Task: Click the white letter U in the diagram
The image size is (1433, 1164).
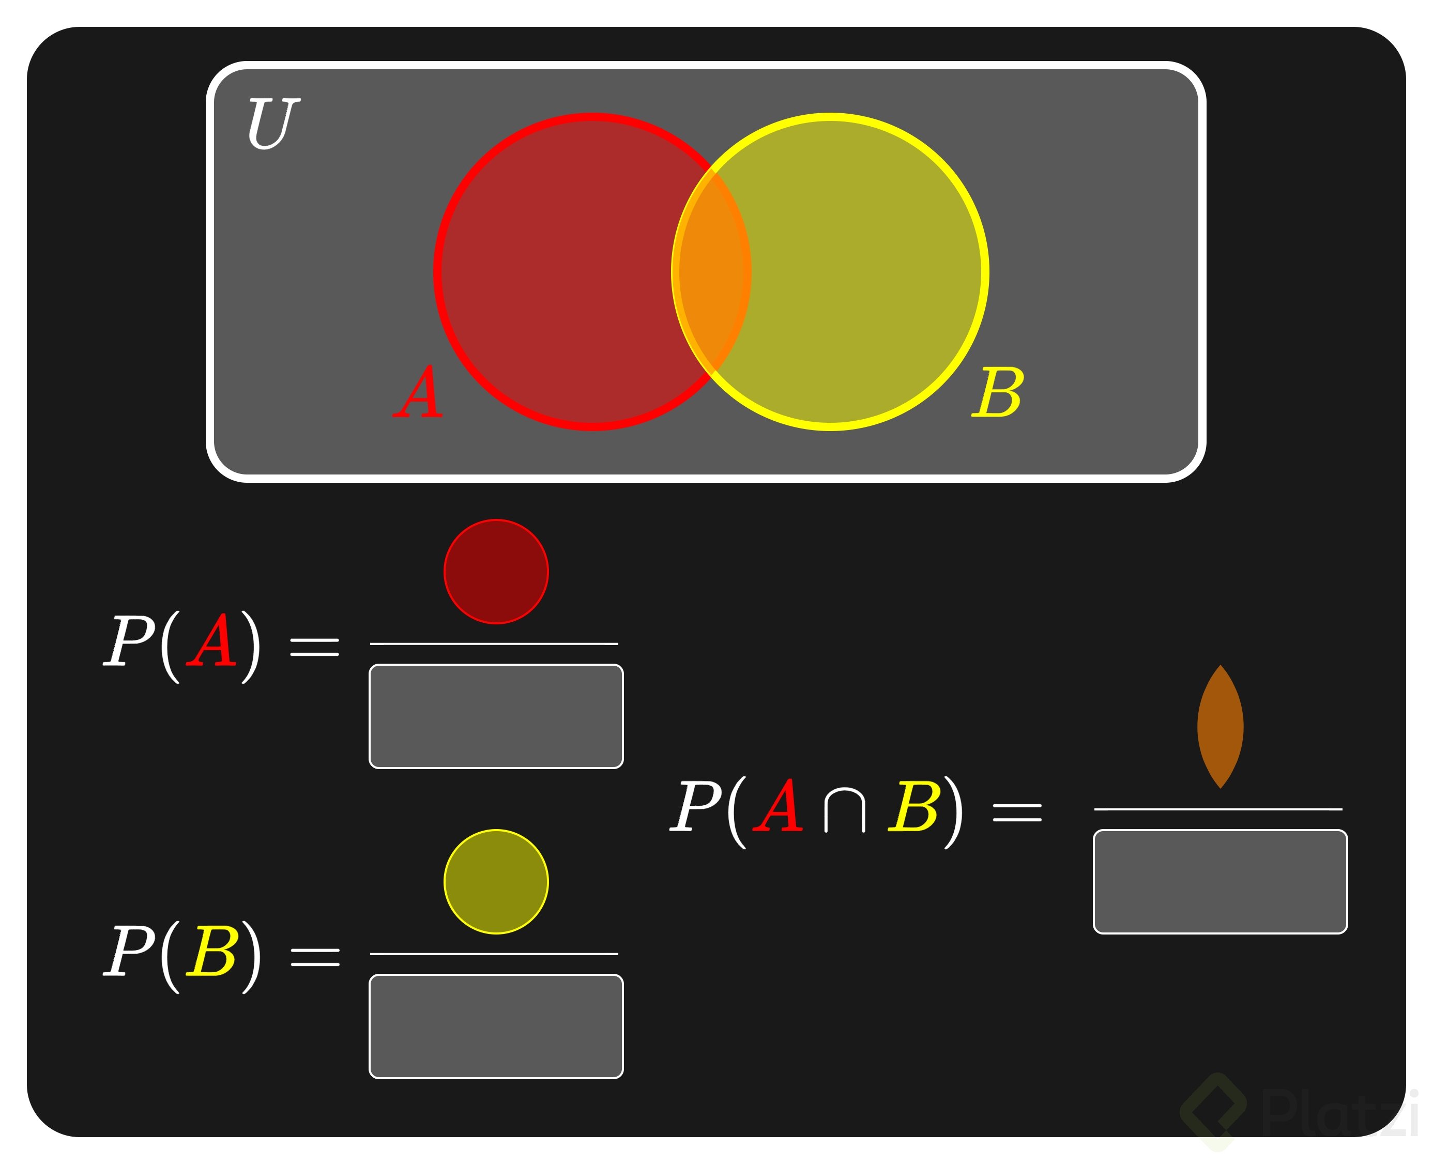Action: [272, 122]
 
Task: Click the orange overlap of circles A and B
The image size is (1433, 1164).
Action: [711, 271]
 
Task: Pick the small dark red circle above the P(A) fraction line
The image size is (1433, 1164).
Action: [496, 571]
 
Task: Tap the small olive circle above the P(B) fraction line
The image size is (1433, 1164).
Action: [496, 882]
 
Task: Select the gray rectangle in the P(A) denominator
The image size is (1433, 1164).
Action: [496, 716]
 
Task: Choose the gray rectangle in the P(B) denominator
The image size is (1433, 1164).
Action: [496, 1026]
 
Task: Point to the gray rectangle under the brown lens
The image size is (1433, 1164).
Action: [1221, 882]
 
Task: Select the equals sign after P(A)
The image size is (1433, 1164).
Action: [314, 647]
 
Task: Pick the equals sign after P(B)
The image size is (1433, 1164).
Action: [314, 957]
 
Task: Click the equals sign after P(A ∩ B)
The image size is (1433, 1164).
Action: [1017, 814]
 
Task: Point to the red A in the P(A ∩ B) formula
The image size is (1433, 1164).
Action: [779, 807]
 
